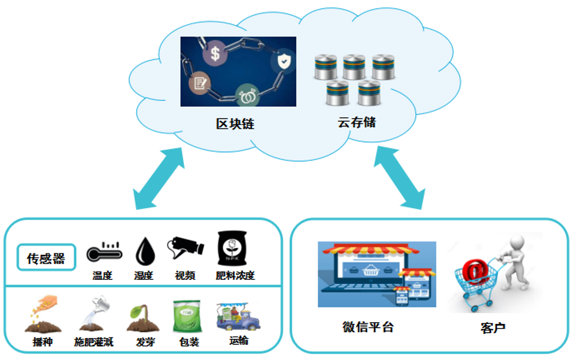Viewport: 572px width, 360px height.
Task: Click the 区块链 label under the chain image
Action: [x=235, y=124]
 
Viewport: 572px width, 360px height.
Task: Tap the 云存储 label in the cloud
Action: [x=357, y=122]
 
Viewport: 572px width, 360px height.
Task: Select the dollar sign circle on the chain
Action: [x=215, y=54]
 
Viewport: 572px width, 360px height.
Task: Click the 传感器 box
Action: [x=46, y=258]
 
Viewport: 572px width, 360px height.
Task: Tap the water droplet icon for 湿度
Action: [x=144, y=252]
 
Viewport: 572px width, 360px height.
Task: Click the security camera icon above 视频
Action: [x=185, y=249]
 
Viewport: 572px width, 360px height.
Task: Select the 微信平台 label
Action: [x=368, y=327]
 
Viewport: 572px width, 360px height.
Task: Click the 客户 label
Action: [x=492, y=327]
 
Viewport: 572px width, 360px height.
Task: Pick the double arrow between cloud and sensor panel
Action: [x=160, y=179]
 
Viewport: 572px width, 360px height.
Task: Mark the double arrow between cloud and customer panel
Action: [x=399, y=177]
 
